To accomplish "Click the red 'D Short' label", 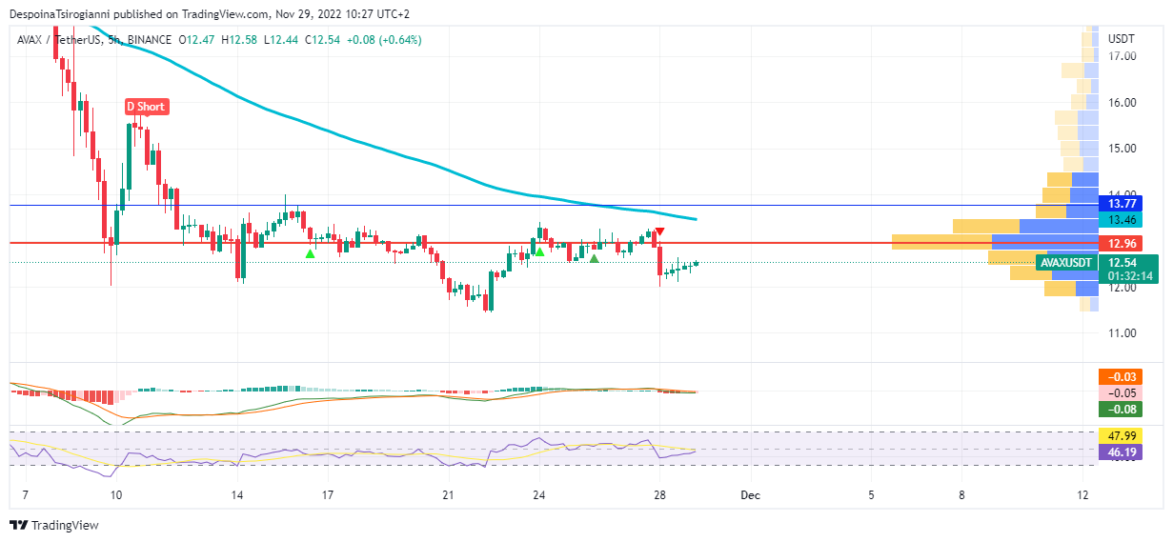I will pos(147,107).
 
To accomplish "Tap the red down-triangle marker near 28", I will pos(659,232).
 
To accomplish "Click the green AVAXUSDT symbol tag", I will pos(1064,262).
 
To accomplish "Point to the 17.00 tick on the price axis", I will pos(1122,56).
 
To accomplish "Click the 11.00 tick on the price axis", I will pos(1122,333).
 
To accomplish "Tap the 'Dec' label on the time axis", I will pos(751,495).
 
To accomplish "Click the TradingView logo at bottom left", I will pos(54,525).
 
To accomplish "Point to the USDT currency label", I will pos(1122,39).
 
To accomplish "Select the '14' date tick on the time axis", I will pos(237,495).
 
